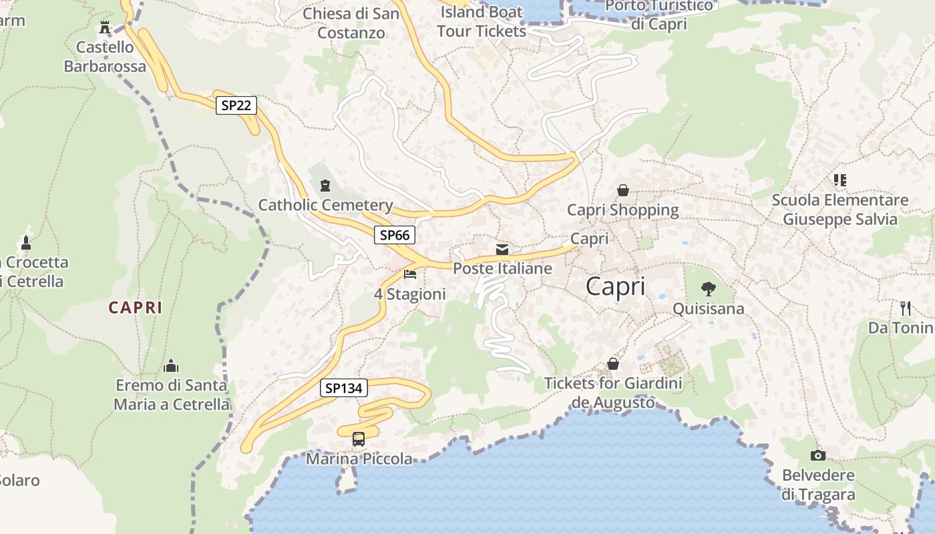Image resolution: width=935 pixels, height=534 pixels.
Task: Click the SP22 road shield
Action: pos(236,105)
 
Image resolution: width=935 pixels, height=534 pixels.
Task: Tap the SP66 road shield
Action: pos(394,235)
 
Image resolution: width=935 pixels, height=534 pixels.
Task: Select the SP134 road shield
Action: pos(344,388)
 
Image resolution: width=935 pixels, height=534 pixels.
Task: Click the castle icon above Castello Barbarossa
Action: pos(105,27)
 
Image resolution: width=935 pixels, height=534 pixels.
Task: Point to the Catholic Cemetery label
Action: pos(325,205)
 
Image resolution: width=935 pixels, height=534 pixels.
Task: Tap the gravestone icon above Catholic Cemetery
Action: pos(325,185)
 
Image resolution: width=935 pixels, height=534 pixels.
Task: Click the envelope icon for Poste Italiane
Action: pos(502,250)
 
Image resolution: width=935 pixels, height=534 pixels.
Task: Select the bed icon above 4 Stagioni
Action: pos(410,274)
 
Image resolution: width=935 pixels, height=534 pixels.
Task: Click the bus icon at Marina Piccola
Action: pos(359,439)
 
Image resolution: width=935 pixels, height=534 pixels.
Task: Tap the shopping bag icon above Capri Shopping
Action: pos(623,190)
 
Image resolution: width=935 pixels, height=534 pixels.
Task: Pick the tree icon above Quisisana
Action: pos(708,289)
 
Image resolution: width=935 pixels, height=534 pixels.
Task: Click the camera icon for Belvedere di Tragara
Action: pos(818,455)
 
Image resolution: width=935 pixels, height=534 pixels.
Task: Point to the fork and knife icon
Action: pos(906,308)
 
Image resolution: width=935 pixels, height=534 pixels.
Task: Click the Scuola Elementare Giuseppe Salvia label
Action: pos(840,210)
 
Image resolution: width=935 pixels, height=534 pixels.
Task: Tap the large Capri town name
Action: pos(615,286)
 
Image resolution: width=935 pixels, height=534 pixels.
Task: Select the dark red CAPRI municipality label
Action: pos(136,308)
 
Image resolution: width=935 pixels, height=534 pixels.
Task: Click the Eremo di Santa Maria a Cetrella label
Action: pos(172,394)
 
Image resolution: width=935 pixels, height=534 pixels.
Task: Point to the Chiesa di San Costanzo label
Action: pos(351,23)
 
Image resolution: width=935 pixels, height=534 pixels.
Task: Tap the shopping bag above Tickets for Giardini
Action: pos(613,364)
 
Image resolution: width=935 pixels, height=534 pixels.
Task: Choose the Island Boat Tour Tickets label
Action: pos(482,21)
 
